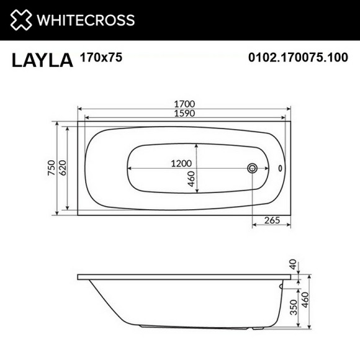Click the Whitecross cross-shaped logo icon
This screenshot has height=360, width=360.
point(21,19)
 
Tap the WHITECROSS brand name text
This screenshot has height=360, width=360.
point(86,20)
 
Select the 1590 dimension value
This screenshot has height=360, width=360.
point(184,113)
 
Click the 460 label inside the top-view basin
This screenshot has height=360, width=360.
point(191,179)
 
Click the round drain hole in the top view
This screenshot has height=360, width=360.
point(253,168)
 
